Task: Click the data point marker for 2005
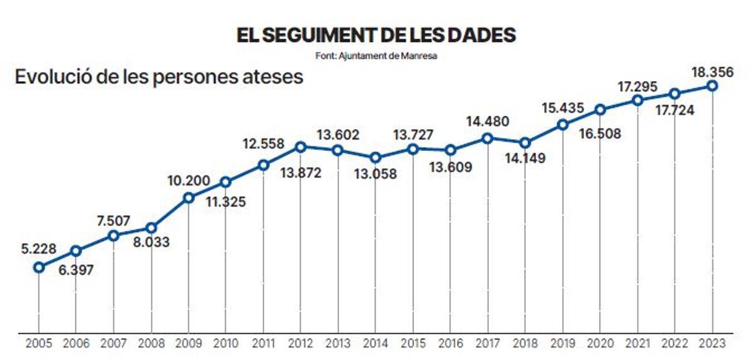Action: click(38, 267)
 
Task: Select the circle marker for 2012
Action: click(301, 147)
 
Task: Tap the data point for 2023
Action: click(712, 86)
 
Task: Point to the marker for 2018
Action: click(525, 142)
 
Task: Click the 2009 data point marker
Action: click(188, 198)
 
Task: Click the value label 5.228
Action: click(37, 248)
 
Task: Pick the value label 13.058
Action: click(376, 174)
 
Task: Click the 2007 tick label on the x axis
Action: click(113, 344)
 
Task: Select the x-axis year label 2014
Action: click(375, 344)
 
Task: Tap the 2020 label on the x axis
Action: click(600, 344)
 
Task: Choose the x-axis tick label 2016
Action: click(450, 344)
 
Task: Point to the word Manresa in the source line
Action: click(420, 55)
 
